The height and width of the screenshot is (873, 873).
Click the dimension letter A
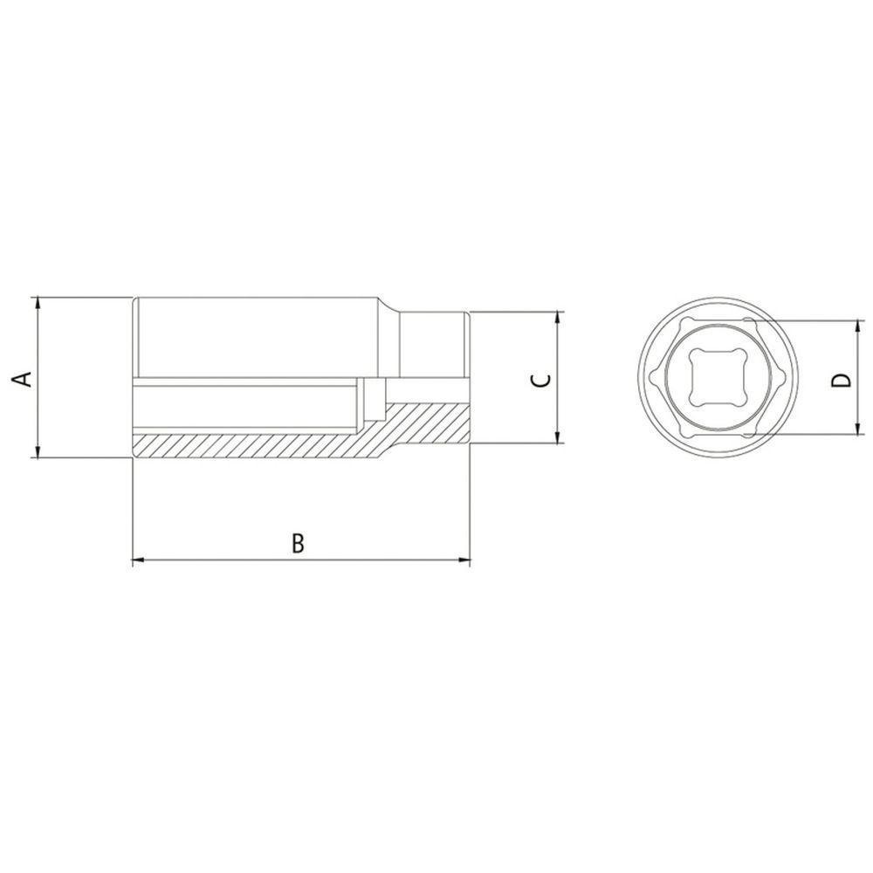pyautogui.click(x=25, y=378)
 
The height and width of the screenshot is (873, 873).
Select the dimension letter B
pyautogui.click(x=298, y=543)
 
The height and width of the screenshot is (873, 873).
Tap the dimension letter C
pyautogui.click(x=541, y=379)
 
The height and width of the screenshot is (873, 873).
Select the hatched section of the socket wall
pyautogui.click(x=262, y=445)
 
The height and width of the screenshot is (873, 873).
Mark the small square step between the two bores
pyautogui.click(x=375, y=391)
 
